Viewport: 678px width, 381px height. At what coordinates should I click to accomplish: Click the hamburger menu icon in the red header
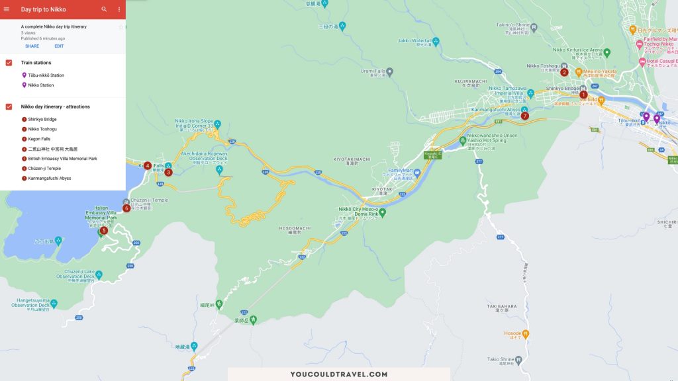[x=7, y=9]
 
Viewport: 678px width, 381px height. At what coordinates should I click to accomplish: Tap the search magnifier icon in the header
[x=104, y=9]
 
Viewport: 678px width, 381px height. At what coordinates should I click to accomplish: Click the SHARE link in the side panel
[x=32, y=46]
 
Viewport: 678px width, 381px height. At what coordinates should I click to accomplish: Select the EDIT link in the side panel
[x=59, y=46]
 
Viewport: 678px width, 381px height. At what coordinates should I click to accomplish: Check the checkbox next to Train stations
[x=9, y=63]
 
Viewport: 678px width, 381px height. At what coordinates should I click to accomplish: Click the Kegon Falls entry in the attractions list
[x=40, y=139]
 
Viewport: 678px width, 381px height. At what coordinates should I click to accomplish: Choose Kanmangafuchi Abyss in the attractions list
[x=49, y=178]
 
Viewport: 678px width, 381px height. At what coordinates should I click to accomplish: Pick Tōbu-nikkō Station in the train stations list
[x=46, y=75]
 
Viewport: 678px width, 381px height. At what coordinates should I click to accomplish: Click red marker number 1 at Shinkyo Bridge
[x=583, y=95]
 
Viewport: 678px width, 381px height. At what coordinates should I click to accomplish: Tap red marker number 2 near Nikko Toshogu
[x=565, y=72]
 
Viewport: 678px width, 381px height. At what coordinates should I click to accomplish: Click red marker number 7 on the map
[x=525, y=116]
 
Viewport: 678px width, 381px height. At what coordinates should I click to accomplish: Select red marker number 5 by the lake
[x=103, y=230]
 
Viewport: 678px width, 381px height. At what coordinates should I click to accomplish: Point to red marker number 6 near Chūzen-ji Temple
[x=126, y=208]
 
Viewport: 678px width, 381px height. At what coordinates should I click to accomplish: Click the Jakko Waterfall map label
[x=414, y=40]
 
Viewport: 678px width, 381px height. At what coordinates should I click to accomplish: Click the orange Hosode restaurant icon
[x=525, y=335]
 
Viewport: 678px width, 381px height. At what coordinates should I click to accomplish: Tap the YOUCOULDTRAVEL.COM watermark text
[x=339, y=374]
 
